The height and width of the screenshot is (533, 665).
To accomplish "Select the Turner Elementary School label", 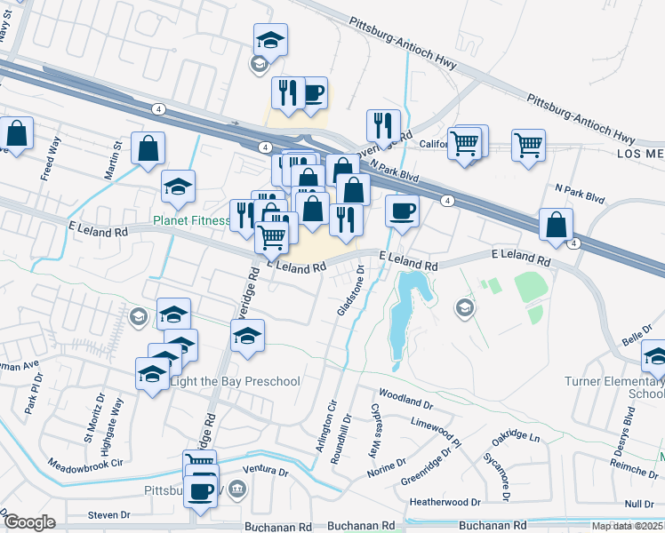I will click(614, 387).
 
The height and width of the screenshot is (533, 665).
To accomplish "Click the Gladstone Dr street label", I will click(349, 289).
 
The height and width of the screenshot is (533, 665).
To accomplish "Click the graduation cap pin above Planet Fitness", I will click(179, 187).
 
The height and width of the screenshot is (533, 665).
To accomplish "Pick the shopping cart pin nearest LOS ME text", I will click(528, 145).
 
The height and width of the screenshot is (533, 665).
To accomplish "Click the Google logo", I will click(28, 522).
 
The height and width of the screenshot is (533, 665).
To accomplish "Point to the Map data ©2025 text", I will click(628, 526).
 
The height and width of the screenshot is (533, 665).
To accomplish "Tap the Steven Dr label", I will click(109, 515).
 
